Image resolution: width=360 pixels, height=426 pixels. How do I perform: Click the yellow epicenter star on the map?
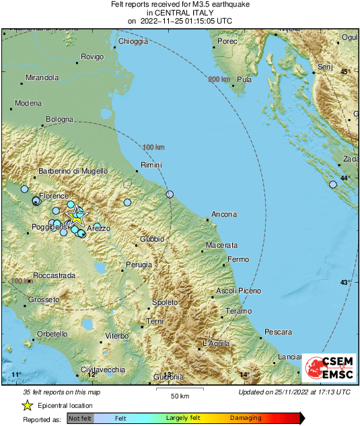tap(77, 217)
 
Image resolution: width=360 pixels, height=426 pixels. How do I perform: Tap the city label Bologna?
tap(59, 120)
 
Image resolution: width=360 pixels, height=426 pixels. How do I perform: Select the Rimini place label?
tap(151, 165)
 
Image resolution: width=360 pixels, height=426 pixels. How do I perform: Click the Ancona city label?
tap(224, 215)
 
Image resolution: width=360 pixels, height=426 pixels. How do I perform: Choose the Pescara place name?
tap(278, 332)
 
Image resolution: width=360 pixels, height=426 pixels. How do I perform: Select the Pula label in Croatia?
tap(244, 79)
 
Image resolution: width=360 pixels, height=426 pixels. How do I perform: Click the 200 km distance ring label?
tap(219, 79)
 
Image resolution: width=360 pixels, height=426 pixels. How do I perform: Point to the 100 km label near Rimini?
tap(154, 147)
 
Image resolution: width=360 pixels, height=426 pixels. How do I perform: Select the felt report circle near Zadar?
tap(333, 184)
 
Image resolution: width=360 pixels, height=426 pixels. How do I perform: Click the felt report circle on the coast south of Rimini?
tap(170, 194)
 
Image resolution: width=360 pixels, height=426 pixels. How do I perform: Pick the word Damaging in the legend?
tap(246, 418)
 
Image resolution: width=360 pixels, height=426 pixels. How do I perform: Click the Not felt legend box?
tap(80, 418)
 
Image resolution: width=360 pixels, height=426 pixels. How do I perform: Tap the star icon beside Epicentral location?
tap(27, 405)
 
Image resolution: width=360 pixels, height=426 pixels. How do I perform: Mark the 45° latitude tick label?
tap(345, 71)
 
